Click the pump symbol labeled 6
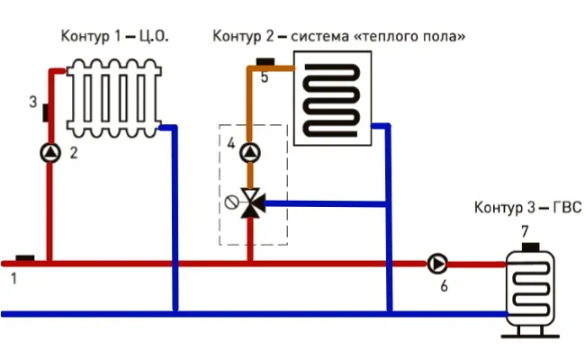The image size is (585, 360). click(437, 264)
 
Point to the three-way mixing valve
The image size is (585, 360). click(251, 203)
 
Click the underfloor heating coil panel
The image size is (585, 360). click(333, 95)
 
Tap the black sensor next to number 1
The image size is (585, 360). click(25, 258)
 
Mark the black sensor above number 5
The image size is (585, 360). click(265, 62)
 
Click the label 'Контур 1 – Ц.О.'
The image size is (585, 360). click(114, 36)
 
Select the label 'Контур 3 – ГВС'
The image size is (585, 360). click(528, 208)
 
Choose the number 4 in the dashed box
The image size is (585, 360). click(231, 144)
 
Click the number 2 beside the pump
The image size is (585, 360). click(74, 153)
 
